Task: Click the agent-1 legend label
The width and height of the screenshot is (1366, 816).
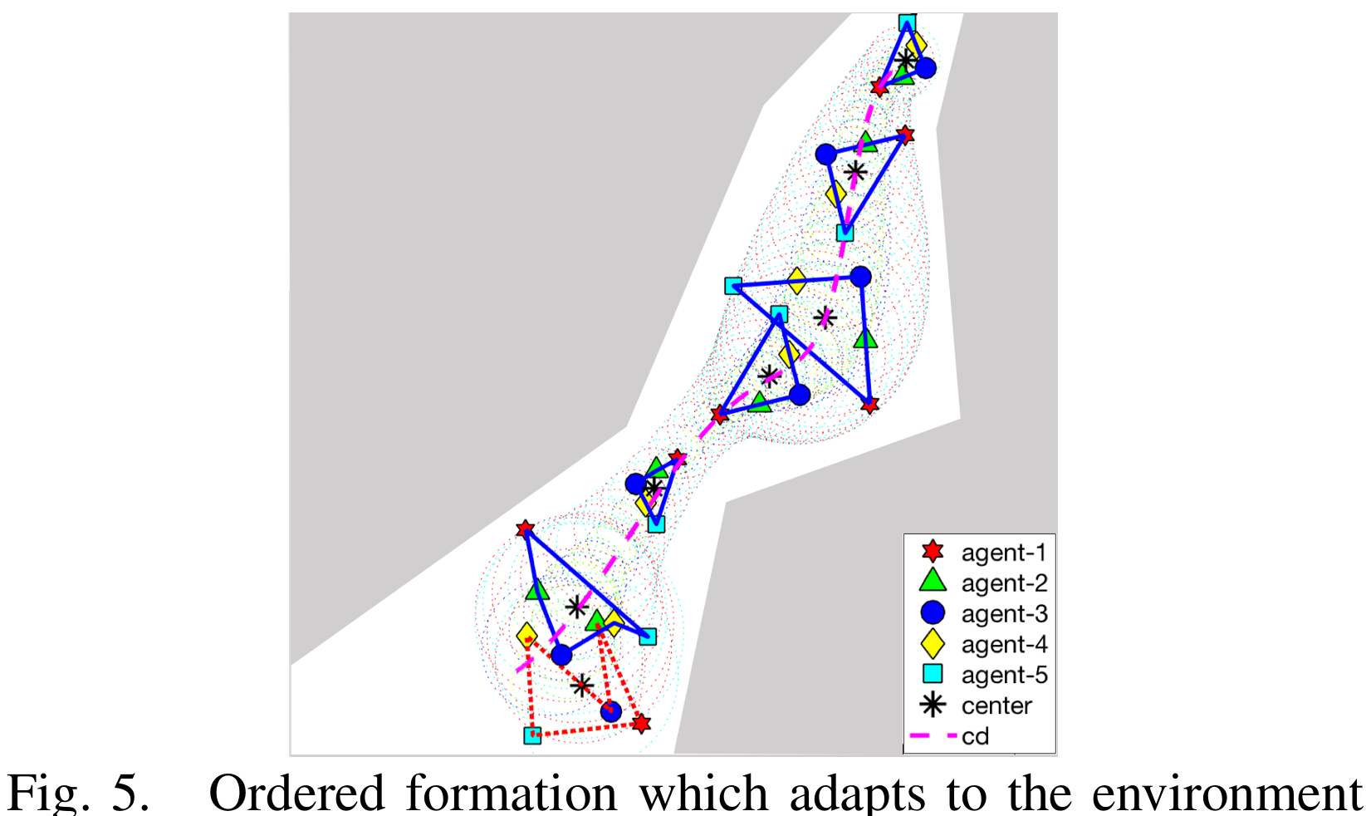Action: [1003, 553]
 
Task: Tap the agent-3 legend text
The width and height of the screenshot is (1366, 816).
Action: [1004, 614]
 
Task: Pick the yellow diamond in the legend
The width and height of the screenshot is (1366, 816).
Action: [933, 644]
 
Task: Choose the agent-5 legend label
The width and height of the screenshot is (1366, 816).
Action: [1004, 675]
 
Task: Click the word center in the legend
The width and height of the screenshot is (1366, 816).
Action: [996, 705]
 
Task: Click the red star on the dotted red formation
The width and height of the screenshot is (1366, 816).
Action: [640, 724]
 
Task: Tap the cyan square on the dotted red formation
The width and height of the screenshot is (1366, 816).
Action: [532, 735]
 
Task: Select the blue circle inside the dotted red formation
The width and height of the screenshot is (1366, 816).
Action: [610, 710]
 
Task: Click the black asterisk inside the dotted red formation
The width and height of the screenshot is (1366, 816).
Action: [582, 686]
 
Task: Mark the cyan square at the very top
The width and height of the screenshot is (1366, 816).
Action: [907, 22]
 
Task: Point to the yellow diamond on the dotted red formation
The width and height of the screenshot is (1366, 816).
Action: [526, 637]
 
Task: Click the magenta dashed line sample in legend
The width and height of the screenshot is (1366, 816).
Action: [933, 736]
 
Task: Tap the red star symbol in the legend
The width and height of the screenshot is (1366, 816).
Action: [933, 551]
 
